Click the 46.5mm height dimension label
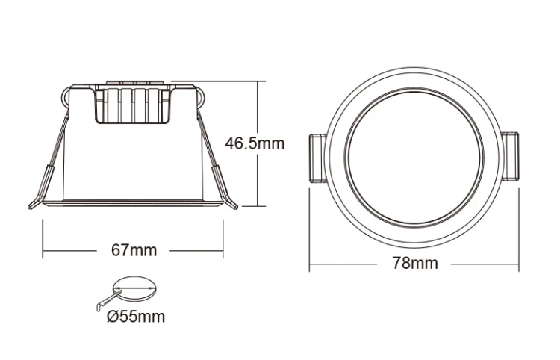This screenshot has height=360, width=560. click(x=255, y=143)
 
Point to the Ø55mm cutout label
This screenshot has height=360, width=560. click(x=136, y=317)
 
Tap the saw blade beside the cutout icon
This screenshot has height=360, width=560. click(x=105, y=300)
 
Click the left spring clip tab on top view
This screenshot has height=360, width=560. click(x=316, y=158)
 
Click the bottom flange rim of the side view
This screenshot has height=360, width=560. click(x=131, y=204)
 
